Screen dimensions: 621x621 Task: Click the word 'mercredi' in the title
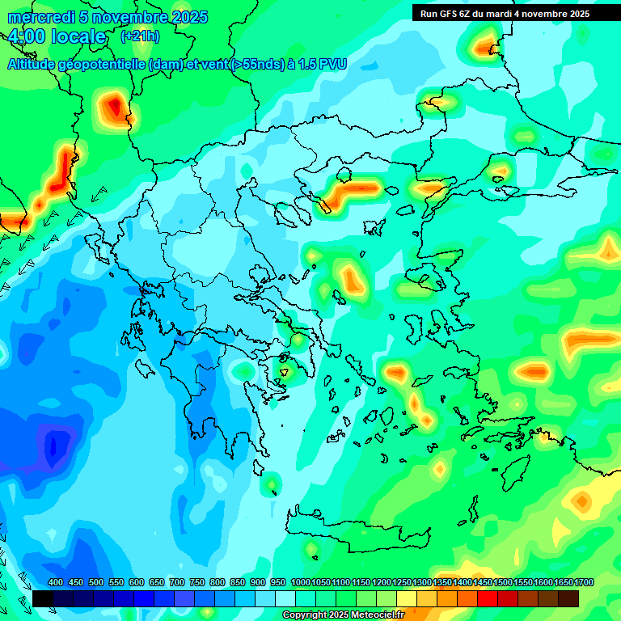pos(40,17)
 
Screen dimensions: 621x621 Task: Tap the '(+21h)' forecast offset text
pos(140,36)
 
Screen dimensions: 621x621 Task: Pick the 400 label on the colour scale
pos(56,583)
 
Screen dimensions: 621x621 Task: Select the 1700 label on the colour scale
pos(564,583)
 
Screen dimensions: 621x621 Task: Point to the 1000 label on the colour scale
pos(301,583)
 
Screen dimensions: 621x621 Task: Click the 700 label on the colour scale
pos(177,583)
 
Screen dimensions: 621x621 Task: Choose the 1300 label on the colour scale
pos(422,583)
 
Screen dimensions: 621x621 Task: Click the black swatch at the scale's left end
pos(43,598)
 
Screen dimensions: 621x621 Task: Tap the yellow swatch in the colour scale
pos(407,598)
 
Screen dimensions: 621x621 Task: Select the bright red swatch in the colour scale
pos(488,598)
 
